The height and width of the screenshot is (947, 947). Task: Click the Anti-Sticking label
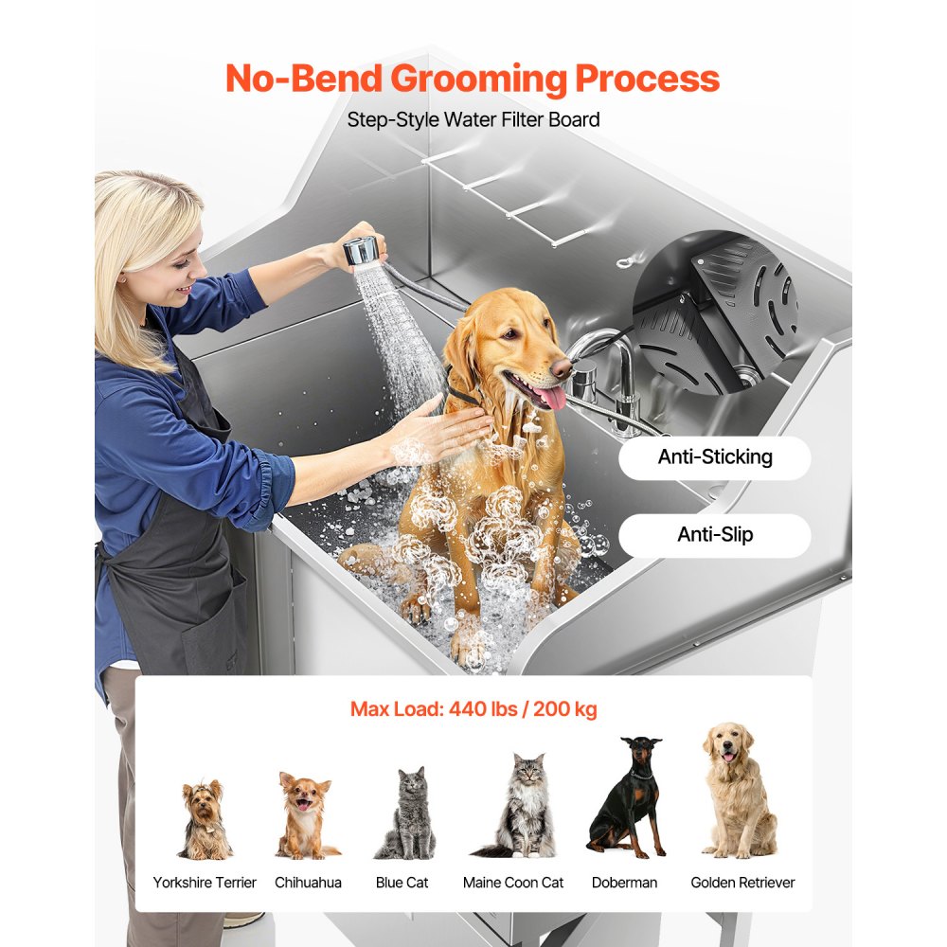tap(715, 457)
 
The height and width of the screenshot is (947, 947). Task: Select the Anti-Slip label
tap(715, 535)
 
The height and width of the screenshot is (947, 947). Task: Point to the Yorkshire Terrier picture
tap(205, 820)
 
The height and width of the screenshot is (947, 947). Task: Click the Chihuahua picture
tap(305, 815)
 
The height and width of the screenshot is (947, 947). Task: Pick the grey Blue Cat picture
tap(405, 813)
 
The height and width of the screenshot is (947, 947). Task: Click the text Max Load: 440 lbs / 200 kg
tap(473, 709)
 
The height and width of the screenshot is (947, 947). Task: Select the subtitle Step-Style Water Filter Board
tap(473, 120)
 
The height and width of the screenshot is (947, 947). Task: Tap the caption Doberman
tap(624, 883)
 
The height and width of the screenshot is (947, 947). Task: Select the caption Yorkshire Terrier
tap(205, 883)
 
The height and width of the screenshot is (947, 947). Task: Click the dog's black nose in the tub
tap(562, 366)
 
